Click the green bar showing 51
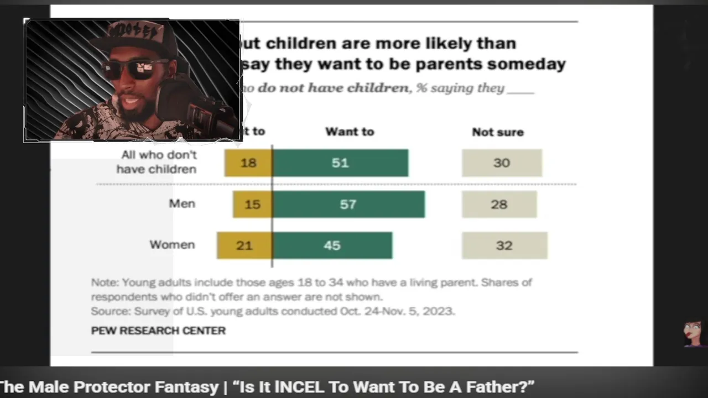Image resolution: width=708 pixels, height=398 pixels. [x=340, y=163]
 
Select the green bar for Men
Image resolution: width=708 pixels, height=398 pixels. [x=348, y=204]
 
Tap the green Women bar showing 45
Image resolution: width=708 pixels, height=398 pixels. [x=332, y=245]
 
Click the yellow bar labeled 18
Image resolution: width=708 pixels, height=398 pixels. [x=248, y=163]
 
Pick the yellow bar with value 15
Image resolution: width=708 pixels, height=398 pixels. [x=252, y=204]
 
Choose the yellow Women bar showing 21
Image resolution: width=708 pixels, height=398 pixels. [x=244, y=245]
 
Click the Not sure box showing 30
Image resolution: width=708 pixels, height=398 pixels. [x=502, y=163]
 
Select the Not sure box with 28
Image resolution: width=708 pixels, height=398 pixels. [x=499, y=204]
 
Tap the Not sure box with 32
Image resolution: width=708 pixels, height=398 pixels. [x=504, y=245]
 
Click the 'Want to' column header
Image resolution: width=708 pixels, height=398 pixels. [x=350, y=132]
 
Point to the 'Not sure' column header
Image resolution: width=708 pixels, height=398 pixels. [x=497, y=132]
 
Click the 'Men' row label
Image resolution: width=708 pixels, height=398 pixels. [x=182, y=203]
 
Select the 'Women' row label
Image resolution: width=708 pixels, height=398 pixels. [x=172, y=244]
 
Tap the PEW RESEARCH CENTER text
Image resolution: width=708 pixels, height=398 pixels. [x=158, y=331]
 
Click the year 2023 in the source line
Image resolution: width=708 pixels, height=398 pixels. [x=438, y=311]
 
